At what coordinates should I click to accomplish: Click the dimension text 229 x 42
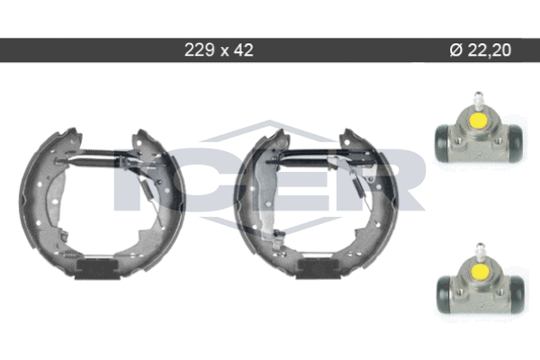219,50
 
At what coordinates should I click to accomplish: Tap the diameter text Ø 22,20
481,50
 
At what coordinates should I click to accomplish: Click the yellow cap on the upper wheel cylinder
479,120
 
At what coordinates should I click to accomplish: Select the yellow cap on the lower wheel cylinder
481,271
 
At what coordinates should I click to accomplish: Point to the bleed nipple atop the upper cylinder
478,99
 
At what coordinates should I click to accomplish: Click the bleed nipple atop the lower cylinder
480,250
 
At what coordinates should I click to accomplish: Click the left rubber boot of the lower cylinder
444,294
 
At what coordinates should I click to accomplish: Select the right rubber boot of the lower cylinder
517,294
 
